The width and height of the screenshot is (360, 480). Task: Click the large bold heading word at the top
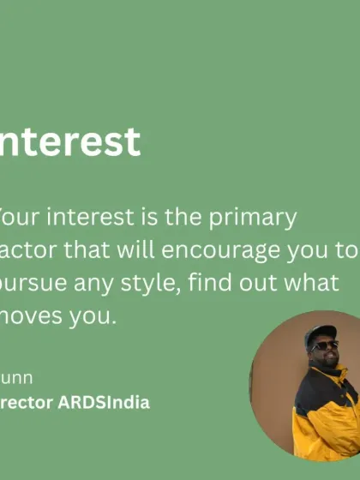pyautogui.click(x=70, y=141)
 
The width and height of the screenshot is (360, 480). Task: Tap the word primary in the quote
pyautogui.click(x=255, y=217)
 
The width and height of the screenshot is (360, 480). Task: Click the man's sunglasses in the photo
pyautogui.click(x=325, y=345)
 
